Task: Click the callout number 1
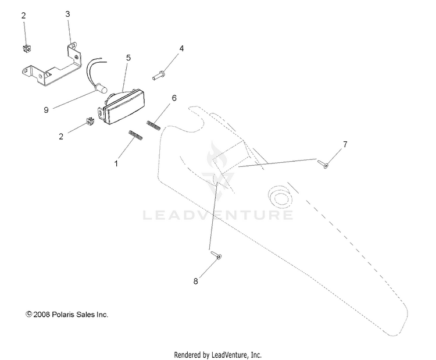(x=116, y=164)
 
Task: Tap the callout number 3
(x=67, y=13)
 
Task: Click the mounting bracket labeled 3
(x=49, y=69)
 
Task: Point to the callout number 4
(x=181, y=48)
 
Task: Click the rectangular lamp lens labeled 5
(x=125, y=109)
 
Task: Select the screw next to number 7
(x=323, y=164)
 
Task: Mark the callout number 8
(x=195, y=281)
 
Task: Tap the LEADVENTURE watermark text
(x=218, y=216)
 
